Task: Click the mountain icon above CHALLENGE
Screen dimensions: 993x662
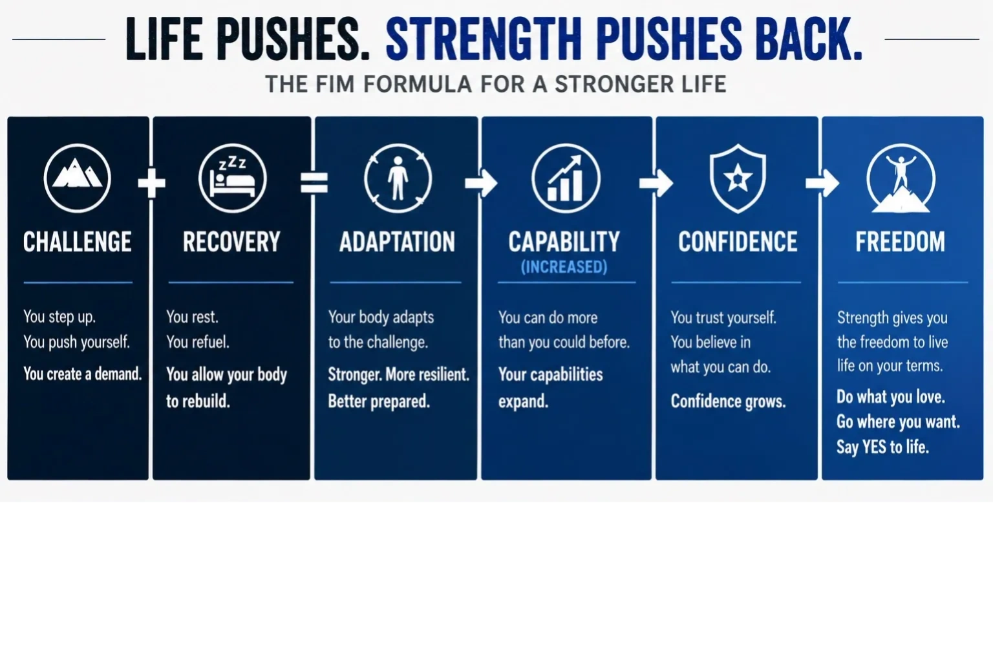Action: (77, 178)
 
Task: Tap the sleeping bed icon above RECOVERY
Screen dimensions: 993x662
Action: (233, 178)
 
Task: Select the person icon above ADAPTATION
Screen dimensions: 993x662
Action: (398, 178)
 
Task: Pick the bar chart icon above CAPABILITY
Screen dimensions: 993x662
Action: (566, 178)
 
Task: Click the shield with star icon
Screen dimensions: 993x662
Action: (738, 178)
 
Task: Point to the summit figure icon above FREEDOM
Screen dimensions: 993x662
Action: (901, 178)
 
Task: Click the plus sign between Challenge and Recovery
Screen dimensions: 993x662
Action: (152, 183)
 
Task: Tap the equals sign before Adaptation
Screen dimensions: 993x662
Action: (314, 183)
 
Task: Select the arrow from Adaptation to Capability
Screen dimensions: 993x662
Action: (481, 183)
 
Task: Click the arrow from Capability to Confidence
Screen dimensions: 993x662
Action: (656, 183)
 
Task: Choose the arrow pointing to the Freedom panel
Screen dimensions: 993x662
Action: (822, 183)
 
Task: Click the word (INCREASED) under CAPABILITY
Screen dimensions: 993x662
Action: (564, 267)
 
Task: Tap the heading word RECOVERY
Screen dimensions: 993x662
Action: (231, 242)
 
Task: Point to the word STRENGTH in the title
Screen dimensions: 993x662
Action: (484, 39)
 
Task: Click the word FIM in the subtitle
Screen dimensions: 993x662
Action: (335, 84)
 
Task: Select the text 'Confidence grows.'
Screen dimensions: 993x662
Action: (728, 401)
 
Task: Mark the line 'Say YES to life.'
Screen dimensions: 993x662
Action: (882, 447)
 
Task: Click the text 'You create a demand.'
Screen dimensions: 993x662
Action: (83, 374)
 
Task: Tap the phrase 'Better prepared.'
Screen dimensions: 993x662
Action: (379, 401)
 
